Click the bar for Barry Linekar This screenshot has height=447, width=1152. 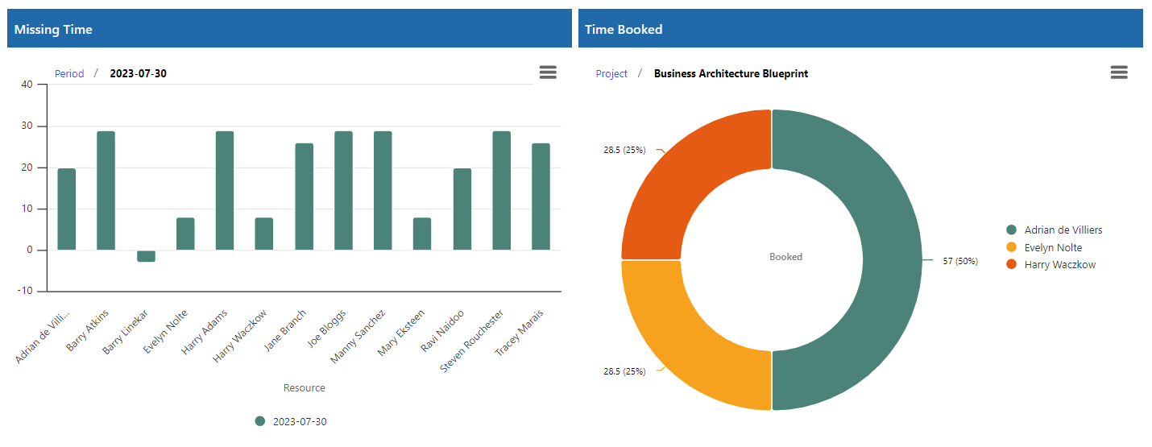click(x=146, y=256)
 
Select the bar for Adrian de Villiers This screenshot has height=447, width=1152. click(x=66, y=209)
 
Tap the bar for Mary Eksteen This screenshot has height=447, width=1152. click(x=422, y=234)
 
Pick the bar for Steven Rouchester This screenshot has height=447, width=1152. click(x=502, y=191)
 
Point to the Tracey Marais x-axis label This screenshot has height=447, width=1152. click(x=520, y=333)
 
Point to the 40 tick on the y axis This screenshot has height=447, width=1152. click(x=27, y=85)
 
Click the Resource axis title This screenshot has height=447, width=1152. click(x=305, y=388)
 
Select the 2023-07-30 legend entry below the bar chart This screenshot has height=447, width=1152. click(x=292, y=421)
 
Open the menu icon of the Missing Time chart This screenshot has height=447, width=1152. click(x=548, y=72)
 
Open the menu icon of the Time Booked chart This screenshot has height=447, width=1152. click(x=1119, y=72)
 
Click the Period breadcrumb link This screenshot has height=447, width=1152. click(x=69, y=73)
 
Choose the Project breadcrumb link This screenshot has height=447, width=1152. click(x=611, y=73)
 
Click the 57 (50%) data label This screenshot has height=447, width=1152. click(x=960, y=261)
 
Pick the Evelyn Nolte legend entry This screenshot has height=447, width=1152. click(x=1053, y=247)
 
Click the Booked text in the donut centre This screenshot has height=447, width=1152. click(x=785, y=257)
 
